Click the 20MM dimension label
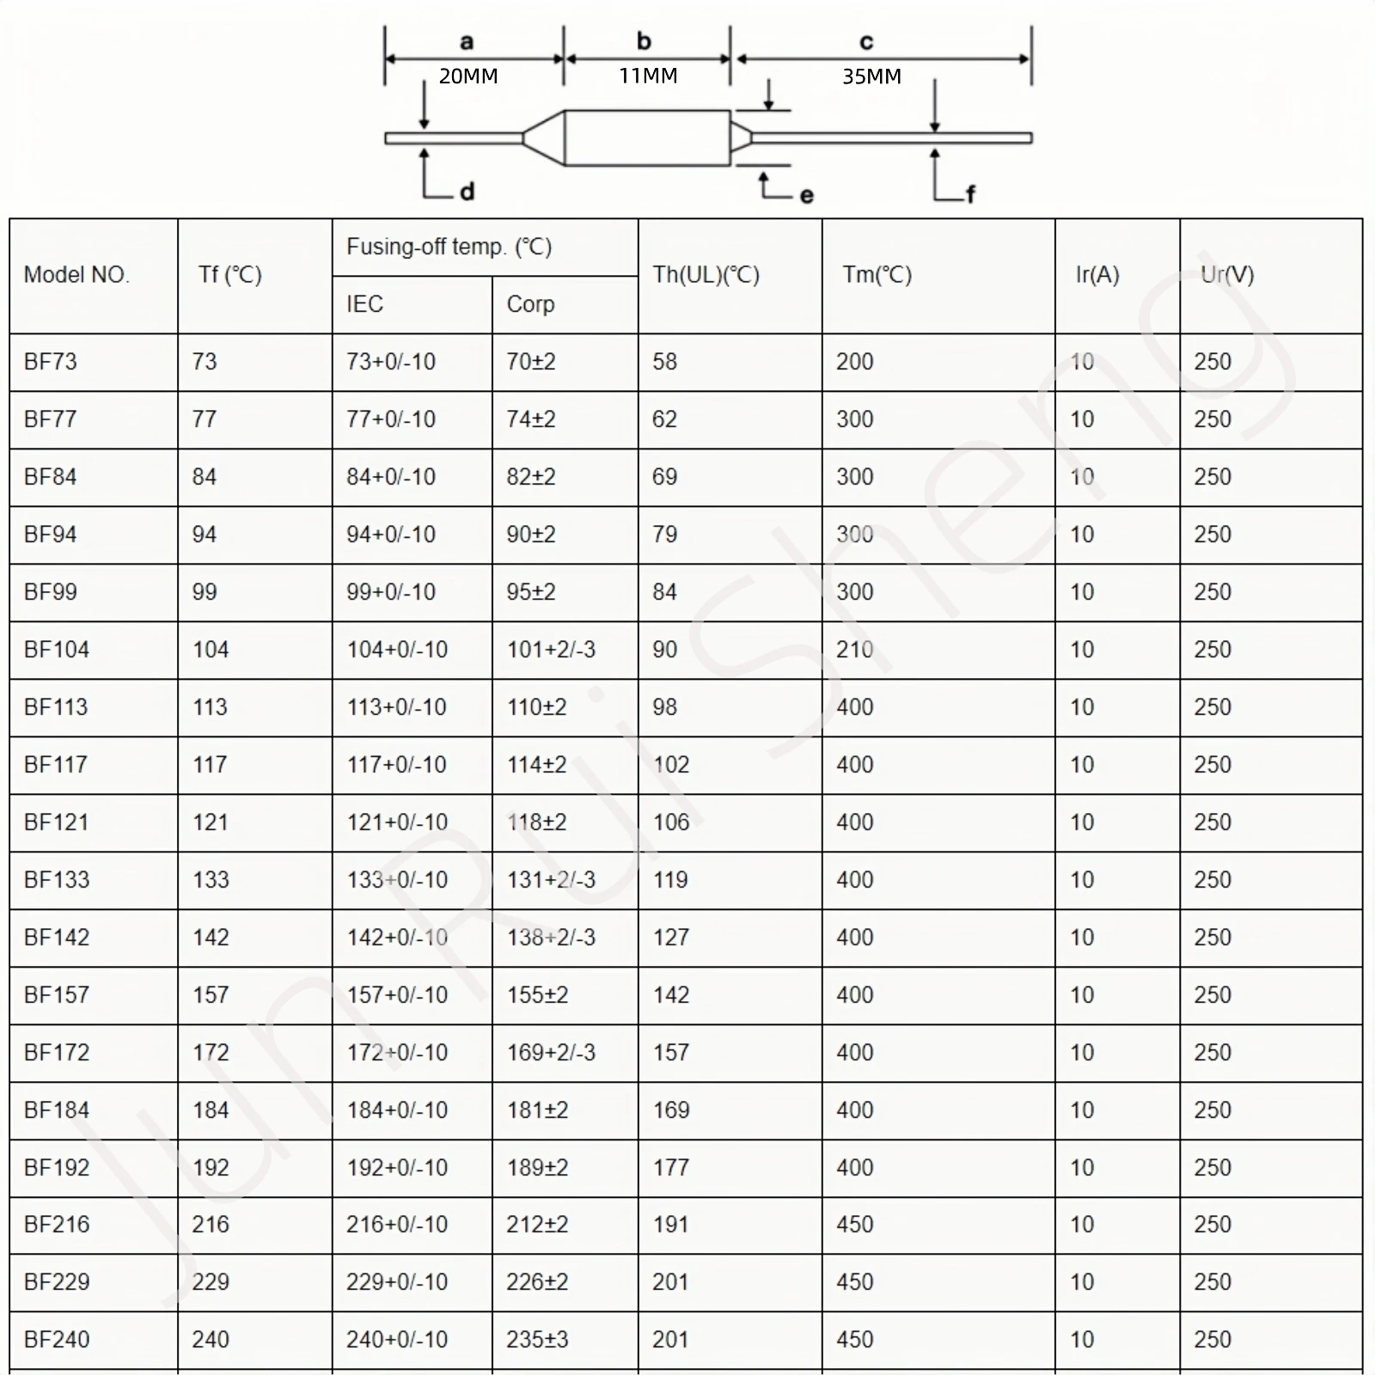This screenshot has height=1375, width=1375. tap(468, 76)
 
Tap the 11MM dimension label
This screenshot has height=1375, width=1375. tap(648, 76)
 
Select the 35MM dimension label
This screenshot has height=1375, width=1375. tap(871, 76)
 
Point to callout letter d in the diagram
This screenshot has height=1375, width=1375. tap(467, 192)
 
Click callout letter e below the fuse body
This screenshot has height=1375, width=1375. tap(806, 196)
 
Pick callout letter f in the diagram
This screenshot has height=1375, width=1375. tap(970, 194)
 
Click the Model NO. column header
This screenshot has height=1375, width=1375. tap(76, 275)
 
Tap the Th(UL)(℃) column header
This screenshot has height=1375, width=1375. tap(706, 275)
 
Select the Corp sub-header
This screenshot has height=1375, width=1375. tap(530, 304)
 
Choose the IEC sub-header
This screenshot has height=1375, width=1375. tap(364, 304)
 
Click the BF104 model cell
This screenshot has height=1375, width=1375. tap(57, 650)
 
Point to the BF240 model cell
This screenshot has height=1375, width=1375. tap(57, 1340)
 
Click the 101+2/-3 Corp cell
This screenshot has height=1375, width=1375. tap(551, 650)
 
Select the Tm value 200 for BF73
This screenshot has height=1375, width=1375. tap(854, 362)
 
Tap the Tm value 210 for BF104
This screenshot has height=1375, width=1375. tap(854, 650)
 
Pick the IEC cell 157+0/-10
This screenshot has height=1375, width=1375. tap(397, 995)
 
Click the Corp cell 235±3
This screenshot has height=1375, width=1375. tap(537, 1340)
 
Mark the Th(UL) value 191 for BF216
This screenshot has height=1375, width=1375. tap(670, 1225)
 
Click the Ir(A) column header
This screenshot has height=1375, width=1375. tap(1097, 275)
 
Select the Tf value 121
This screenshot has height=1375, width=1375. tap(210, 822)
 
